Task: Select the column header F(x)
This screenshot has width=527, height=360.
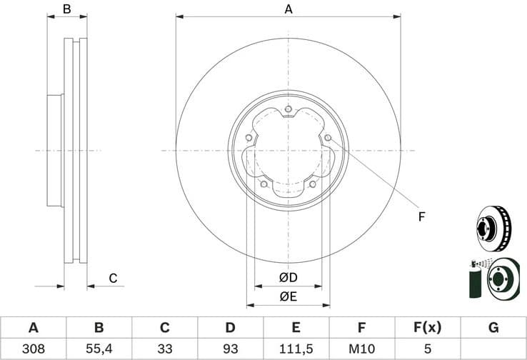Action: tap(427, 328)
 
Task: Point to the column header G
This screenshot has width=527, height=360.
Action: tap(493, 328)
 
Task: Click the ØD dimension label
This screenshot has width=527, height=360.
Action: tap(288, 277)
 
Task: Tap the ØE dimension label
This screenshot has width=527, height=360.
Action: tap(288, 296)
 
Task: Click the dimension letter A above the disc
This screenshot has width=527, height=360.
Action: tap(288, 9)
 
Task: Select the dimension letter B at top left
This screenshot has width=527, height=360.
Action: tap(67, 9)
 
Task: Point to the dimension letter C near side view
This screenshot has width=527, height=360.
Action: tap(113, 278)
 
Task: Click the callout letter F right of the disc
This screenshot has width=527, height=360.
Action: tap(421, 216)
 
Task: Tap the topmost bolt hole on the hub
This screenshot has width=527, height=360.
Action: tap(288, 109)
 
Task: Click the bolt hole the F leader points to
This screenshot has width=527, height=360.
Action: tap(327, 138)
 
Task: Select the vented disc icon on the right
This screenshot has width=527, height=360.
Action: tap(493, 226)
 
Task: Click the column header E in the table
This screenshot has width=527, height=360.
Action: tap(296, 328)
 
